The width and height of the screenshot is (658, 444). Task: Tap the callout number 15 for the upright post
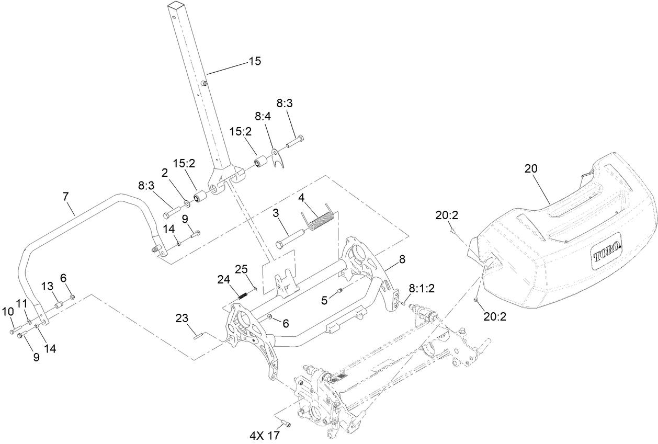point(254,62)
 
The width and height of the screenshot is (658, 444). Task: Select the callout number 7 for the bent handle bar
point(65,197)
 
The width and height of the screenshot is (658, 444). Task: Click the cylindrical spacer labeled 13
point(59,304)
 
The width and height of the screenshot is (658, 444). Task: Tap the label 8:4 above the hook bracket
point(263,117)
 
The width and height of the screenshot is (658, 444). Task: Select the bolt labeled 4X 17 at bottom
point(286,423)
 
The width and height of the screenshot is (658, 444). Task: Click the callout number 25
point(241,269)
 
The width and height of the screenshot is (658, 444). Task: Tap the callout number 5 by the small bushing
point(324,300)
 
